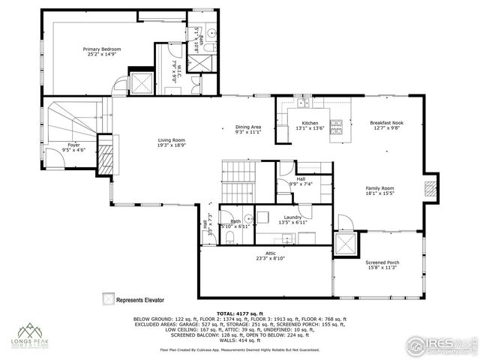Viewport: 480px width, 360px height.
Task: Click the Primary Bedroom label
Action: (x=101, y=49)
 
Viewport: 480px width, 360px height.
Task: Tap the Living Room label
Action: (x=171, y=140)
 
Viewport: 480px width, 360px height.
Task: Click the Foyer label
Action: (x=73, y=145)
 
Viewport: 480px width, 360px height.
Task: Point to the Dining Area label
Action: (x=247, y=127)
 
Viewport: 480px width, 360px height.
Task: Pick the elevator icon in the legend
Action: (x=109, y=298)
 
